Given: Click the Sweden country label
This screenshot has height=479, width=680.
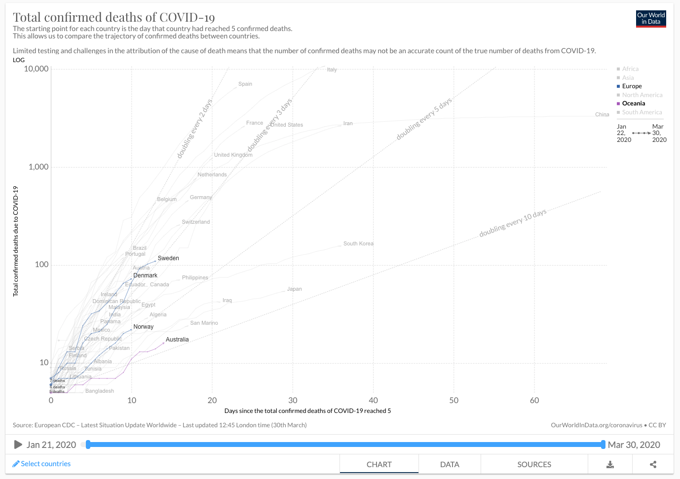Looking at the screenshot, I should click(x=168, y=258).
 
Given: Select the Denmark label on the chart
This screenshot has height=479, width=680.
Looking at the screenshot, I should click(x=145, y=275).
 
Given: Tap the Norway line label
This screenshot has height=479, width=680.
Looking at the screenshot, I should click(x=143, y=327).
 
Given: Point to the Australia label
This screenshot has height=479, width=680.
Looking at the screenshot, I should click(x=177, y=340).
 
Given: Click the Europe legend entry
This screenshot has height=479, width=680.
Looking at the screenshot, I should click(x=632, y=86).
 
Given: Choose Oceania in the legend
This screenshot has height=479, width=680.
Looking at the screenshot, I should click(x=633, y=103).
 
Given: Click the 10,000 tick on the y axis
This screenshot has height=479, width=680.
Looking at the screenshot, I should click(x=36, y=68).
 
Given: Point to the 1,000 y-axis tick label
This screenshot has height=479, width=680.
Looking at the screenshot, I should click(x=38, y=167).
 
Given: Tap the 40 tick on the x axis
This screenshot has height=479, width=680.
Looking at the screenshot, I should click(x=374, y=400).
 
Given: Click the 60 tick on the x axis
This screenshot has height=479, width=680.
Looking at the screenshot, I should click(x=534, y=400).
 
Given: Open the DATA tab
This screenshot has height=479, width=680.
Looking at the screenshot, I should click(x=450, y=464).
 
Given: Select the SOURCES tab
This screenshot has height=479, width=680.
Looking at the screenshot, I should click(x=534, y=464).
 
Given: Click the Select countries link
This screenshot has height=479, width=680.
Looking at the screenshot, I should click(x=42, y=464).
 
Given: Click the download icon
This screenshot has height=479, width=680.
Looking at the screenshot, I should click(x=610, y=464).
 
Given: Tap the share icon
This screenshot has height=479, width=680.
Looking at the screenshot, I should click(x=653, y=464).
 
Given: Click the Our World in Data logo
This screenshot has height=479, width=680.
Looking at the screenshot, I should click(x=651, y=19).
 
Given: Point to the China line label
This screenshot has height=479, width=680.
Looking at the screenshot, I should click(x=602, y=114).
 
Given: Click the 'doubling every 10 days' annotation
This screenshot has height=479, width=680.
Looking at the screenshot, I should click(x=513, y=223).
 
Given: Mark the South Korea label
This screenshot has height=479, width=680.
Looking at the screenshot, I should click(x=358, y=243).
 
